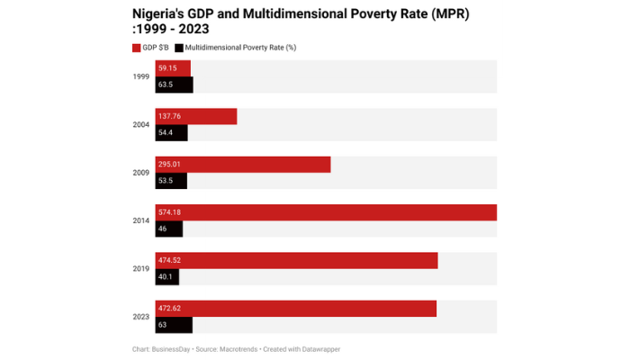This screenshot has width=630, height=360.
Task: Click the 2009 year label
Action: pyautogui.click(x=140, y=173)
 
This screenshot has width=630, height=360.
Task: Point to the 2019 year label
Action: pyautogui.click(x=140, y=268)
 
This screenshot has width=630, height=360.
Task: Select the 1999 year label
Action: pyautogui.click(x=140, y=76)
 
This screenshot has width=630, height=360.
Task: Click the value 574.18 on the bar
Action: pyautogui.click(x=170, y=212)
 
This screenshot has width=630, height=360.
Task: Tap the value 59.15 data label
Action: pyautogui.click(x=168, y=68)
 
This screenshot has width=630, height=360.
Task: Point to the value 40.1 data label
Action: pyautogui.click(x=165, y=277)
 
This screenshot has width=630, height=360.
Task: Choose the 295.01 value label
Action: pyautogui.click(x=170, y=165)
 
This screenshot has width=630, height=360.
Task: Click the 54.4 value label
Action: pyautogui.click(x=165, y=133)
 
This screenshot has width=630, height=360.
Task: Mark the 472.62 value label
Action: pyautogui.click(x=170, y=309)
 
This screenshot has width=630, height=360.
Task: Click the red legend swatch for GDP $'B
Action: pyautogui.click(x=136, y=47)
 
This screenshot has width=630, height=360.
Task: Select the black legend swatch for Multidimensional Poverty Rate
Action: pyautogui.click(x=179, y=47)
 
